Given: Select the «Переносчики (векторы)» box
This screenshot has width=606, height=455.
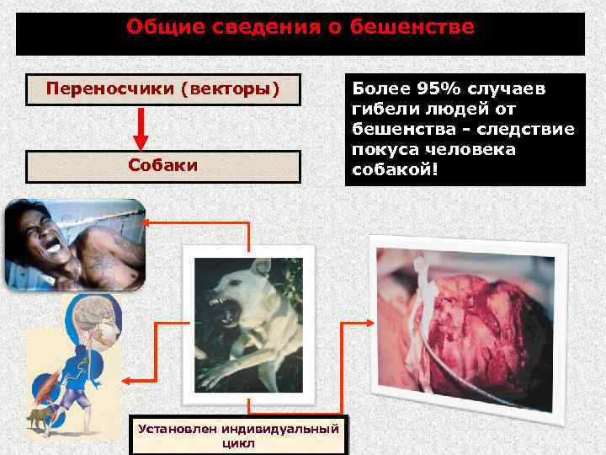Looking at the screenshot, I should pyautogui.click(x=162, y=88).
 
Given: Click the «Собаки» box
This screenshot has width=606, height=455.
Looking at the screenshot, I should pyautogui.click(x=162, y=166).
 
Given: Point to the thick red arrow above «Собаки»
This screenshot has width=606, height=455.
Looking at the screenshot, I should pyautogui.click(x=141, y=127).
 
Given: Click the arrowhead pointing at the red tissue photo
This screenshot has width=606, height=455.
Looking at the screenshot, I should pyautogui.click(x=369, y=321).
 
